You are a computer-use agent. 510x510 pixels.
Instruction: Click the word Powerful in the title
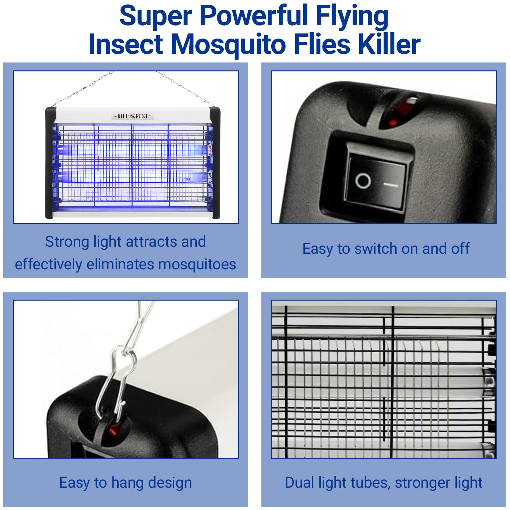click(253, 16)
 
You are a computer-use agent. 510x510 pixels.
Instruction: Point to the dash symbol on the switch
click(390, 185)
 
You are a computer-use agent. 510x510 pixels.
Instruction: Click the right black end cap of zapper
click(215, 163)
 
